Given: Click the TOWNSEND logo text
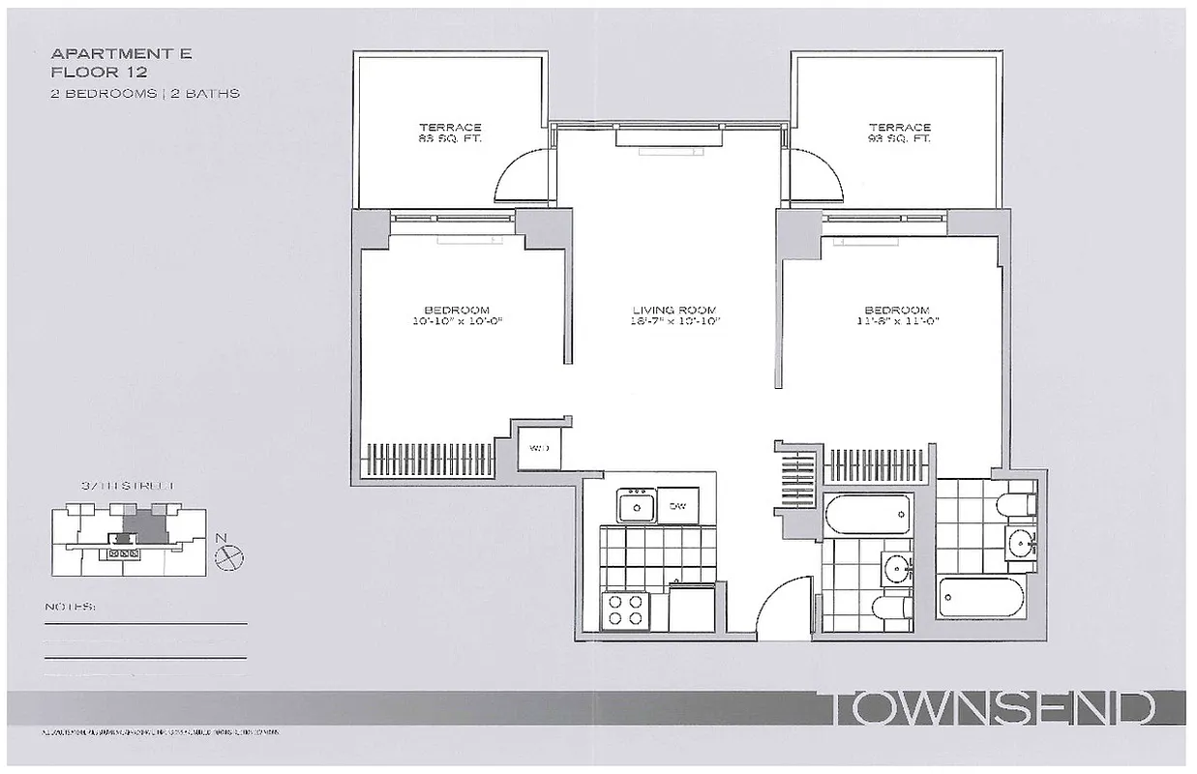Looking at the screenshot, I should (993, 708).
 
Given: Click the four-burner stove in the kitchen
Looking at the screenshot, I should (624, 611).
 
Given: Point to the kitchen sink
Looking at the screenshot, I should (637, 504).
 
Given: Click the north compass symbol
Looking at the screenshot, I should (230, 555).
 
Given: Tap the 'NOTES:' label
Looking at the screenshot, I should (71, 608).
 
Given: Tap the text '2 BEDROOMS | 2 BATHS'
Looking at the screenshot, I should (145, 94).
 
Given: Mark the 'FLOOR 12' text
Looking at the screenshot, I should (88, 73).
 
